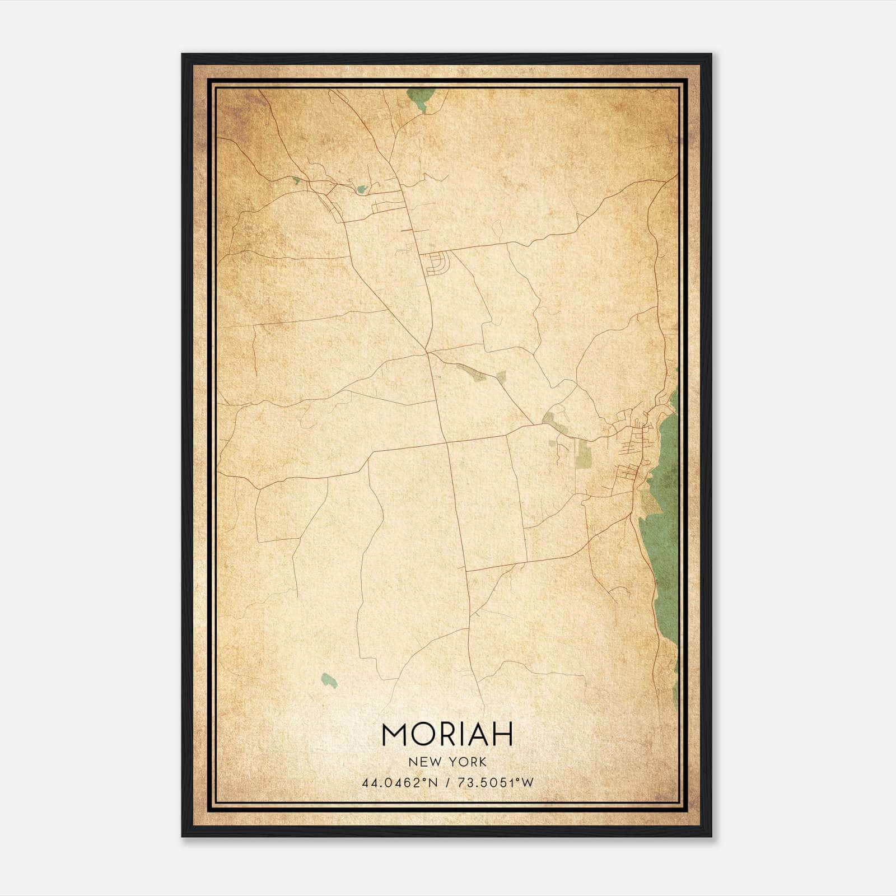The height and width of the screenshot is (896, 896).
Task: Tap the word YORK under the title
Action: click(x=466, y=762)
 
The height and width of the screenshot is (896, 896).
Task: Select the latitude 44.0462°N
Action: click(x=399, y=782)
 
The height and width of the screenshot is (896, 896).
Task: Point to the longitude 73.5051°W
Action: click(x=496, y=782)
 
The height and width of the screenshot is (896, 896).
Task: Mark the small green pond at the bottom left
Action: click(x=329, y=680)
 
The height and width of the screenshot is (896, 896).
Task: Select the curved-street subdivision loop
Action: click(x=437, y=263)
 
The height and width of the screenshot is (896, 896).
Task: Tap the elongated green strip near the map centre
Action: click(x=470, y=372)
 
